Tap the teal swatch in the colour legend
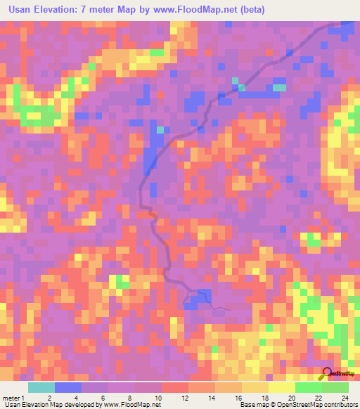click(x=41, y=387)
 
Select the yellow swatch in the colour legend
click(x=281, y=387)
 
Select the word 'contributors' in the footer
click(x=340, y=405)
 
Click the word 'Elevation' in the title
click(x=63, y=10)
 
